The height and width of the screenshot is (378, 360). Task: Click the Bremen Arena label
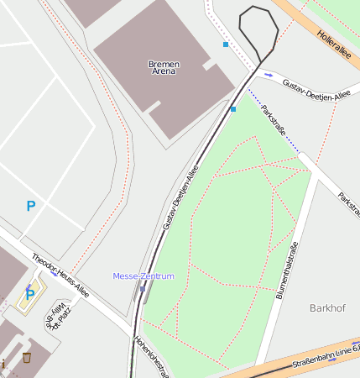(x=163, y=68)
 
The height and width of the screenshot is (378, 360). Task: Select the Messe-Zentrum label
(x=143, y=276)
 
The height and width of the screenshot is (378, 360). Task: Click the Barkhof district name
(x=327, y=308)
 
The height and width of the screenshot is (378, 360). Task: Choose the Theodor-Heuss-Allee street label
(x=60, y=276)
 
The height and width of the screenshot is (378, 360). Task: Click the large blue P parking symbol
(x=31, y=206)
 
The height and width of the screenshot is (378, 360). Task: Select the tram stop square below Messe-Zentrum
(x=143, y=290)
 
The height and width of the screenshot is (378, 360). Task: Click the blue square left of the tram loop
(x=225, y=44)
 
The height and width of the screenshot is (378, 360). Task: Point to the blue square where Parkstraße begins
(x=233, y=109)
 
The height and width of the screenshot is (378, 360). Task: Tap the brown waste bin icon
(x=27, y=358)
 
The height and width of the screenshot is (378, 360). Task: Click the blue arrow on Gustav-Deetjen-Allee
(x=269, y=76)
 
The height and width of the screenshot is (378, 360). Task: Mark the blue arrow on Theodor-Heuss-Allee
(x=54, y=274)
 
